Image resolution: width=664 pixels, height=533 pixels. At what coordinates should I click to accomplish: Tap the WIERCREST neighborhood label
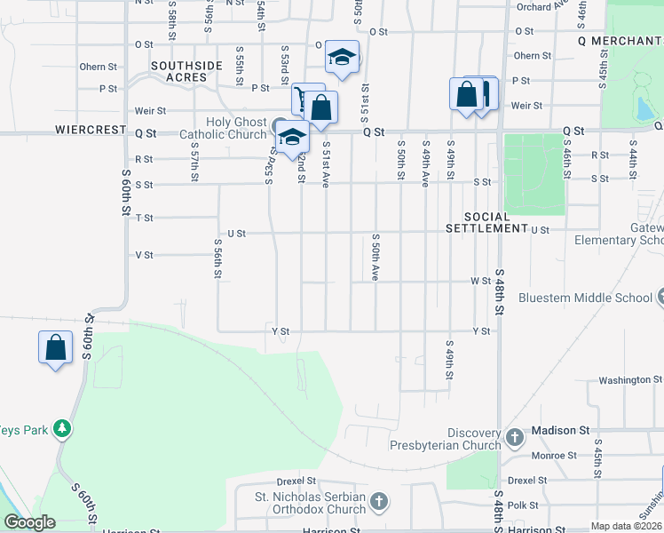(90, 130)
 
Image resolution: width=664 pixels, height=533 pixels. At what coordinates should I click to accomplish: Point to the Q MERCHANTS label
(620, 41)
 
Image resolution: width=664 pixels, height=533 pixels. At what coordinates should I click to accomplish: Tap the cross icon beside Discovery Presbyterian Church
(515, 437)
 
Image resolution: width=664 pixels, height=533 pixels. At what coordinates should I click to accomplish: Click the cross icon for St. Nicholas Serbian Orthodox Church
(379, 503)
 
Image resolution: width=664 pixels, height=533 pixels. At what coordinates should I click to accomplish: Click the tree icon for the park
(62, 429)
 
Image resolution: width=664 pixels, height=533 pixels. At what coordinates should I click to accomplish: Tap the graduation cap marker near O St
(342, 57)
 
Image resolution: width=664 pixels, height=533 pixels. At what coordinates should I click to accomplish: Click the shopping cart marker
(307, 99)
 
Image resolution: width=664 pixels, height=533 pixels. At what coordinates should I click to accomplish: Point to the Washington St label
(625, 380)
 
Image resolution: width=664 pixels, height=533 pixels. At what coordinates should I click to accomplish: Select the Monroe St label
(554, 456)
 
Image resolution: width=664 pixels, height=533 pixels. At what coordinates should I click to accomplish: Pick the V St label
(144, 255)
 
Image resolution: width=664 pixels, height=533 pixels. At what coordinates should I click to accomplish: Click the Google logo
(28, 522)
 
